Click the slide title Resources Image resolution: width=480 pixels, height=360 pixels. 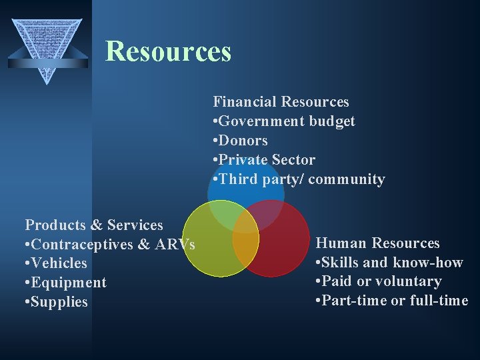click(x=168, y=51)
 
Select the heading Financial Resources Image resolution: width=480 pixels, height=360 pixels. click(x=281, y=102)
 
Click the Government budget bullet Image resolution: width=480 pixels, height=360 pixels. click(x=284, y=121)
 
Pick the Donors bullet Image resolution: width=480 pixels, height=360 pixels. click(x=240, y=141)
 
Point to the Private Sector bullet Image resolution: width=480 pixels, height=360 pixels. click(x=264, y=160)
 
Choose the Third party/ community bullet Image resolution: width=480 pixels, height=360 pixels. click(x=299, y=179)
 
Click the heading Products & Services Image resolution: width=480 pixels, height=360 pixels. click(x=94, y=225)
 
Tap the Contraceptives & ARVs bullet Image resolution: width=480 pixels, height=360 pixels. click(x=110, y=245)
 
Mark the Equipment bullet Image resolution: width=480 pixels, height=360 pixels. click(x=65, y=283)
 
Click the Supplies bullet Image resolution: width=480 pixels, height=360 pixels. click(x=57, y=302)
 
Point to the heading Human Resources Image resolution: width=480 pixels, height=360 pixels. click(x=377, y=243)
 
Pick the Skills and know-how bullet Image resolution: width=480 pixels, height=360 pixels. click(x=389, y=263)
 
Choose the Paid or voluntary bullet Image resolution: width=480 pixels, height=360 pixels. click(x=379, y=281)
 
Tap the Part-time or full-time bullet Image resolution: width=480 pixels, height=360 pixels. click(x=392, y=301)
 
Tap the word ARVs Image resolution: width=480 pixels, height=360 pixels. click(x=175, y=245)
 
